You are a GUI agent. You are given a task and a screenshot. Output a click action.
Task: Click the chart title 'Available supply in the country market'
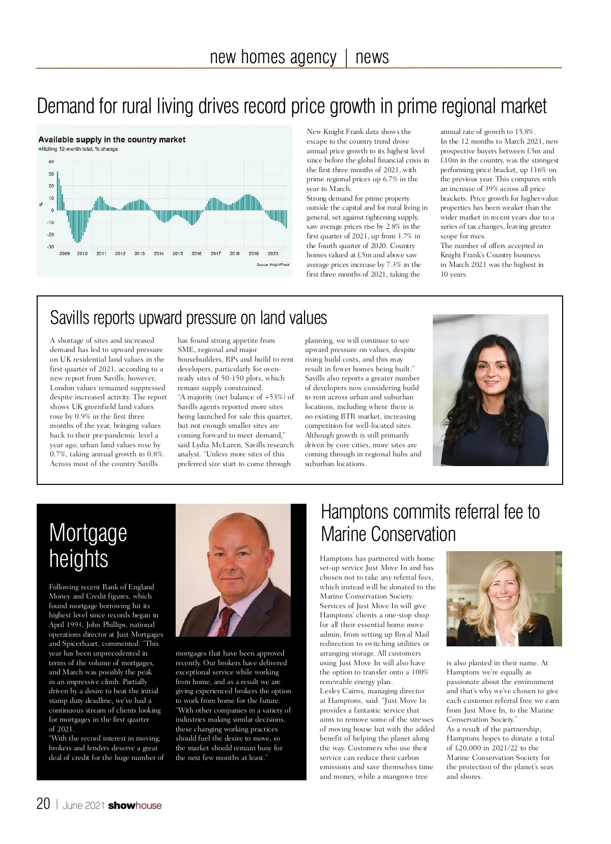pyautogui.click(x=112, y=140)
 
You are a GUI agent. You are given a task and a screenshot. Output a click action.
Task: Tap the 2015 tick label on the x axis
pyautogui.click(x=177, y=253)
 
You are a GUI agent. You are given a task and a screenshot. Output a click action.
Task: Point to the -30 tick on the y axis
pyautogui.click(x=50, y=247)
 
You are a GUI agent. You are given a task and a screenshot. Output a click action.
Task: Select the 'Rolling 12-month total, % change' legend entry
pyautogui.click(x=78, y=149)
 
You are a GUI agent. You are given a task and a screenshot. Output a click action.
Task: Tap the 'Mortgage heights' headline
pyautogui.click(x=88, y=546)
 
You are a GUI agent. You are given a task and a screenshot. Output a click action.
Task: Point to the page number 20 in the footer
pyautogui.click(x=43, y=804)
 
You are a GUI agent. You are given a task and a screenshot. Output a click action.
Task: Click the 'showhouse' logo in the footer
pyautogui.click(x=135, y=805)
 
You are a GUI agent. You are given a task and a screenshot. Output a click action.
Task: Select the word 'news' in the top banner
pyautogui.click(x=372, y=57)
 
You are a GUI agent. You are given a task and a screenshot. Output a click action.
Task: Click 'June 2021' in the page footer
pyautogui.click(x=84, y=805)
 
